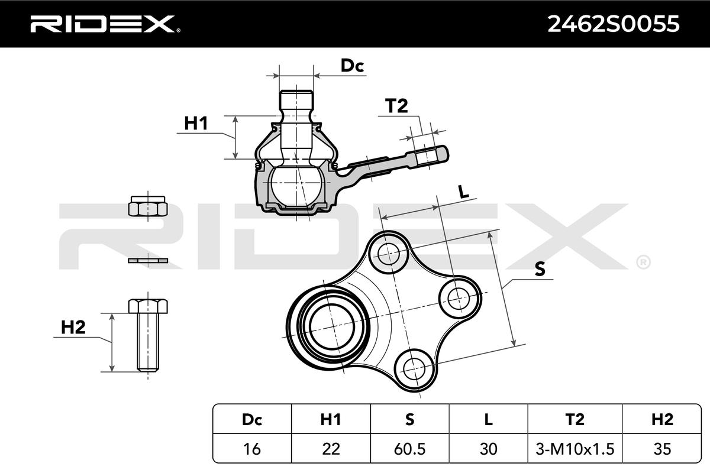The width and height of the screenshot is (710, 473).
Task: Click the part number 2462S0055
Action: coord(614,24)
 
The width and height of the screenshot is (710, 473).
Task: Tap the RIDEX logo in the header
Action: coord(105,24)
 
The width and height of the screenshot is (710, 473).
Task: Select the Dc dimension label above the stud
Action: coord(352,66)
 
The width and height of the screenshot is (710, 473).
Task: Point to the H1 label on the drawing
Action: coord(196,123)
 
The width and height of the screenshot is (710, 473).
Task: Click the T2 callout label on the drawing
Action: coord(396,106)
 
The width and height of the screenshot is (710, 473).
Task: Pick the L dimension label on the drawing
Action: coord(464,192)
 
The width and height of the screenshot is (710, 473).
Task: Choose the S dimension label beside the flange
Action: coord(540,269)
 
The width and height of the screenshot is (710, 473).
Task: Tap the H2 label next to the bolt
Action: coord(73,328)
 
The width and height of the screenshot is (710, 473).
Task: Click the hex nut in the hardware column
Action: coord(148,206)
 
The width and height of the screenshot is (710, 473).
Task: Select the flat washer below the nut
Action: coord(148,260)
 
